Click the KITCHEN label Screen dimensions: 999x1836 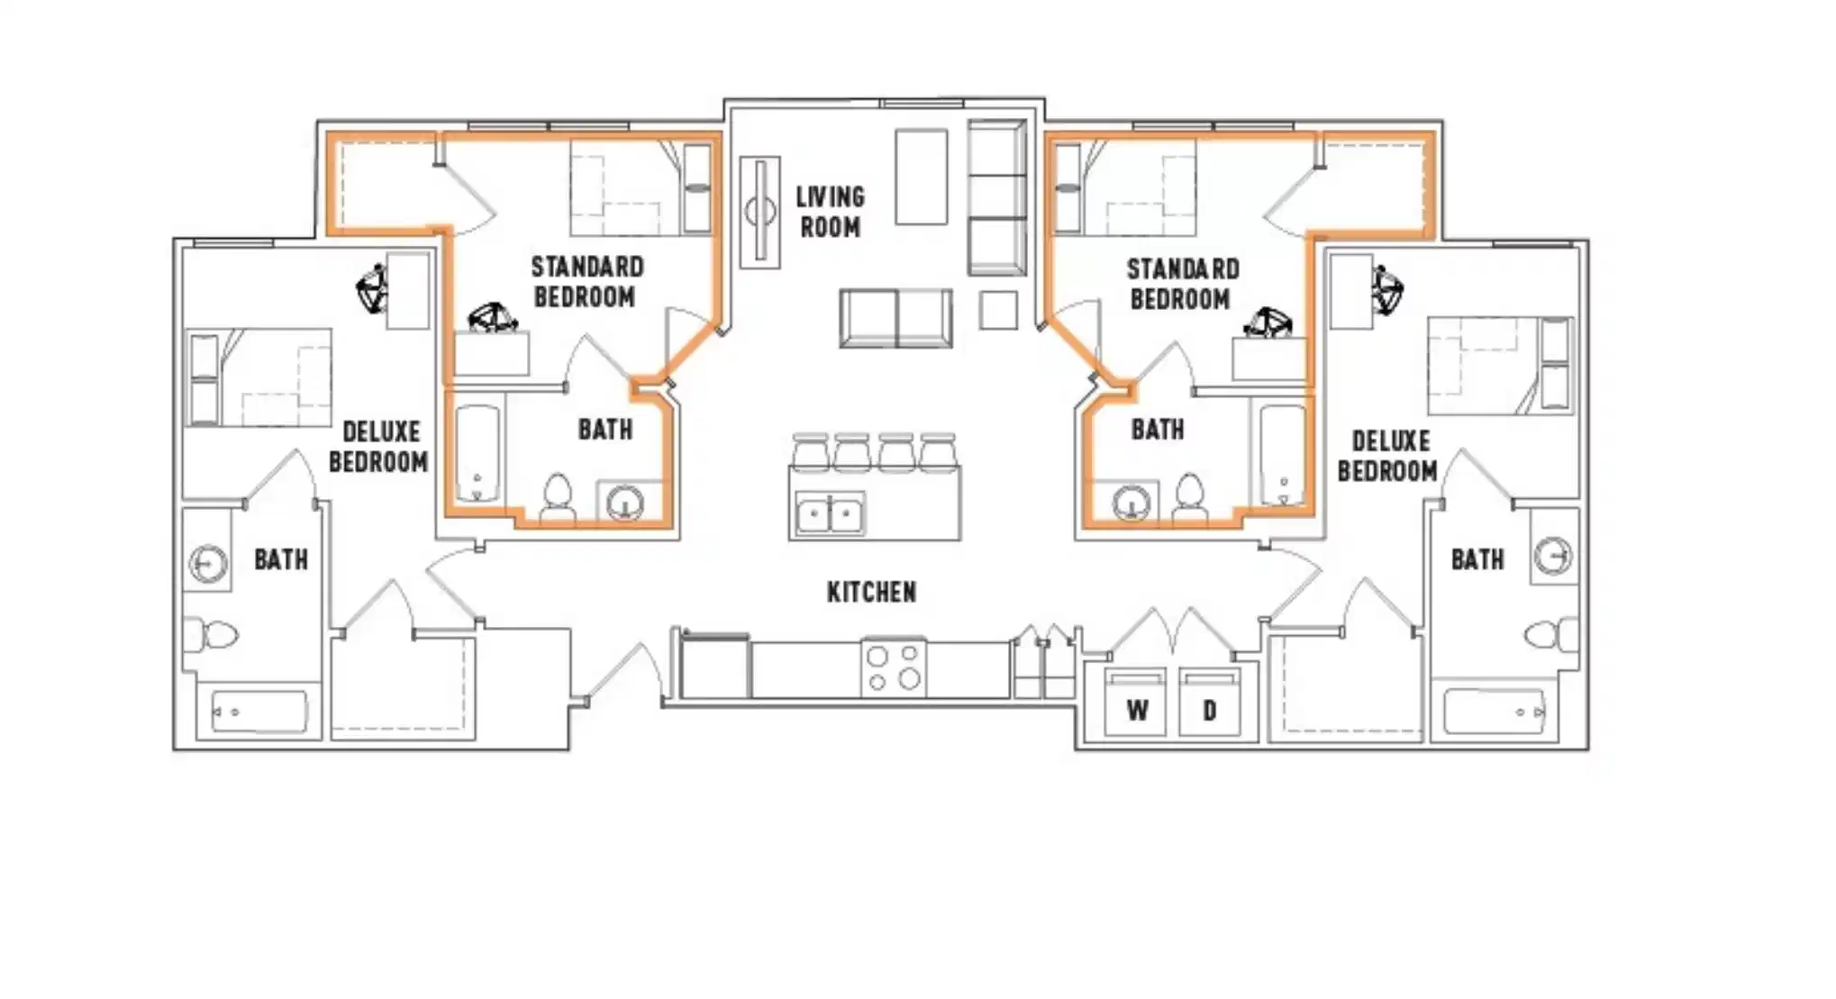tap(871, 592)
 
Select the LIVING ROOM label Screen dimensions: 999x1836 tap(830, 212)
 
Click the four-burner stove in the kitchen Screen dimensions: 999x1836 tap(893, 668)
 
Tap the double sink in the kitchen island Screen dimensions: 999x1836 tap(830, 514)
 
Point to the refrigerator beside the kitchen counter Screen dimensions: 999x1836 tap(714, 667)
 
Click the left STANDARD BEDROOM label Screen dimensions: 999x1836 tap(586, 281)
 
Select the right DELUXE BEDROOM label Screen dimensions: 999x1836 tap(1388, 456)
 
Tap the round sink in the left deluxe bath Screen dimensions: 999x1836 tap(207, 564)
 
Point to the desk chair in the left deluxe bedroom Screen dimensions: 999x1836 tap(372, 289)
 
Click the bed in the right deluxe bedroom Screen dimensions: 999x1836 tap(1500, 365)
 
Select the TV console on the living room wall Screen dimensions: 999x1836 tap(759, 212)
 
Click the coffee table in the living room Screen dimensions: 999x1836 tap(921, 177)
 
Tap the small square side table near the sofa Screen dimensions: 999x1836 tap(998, 310)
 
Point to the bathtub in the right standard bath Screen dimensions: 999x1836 tap(1281, 455)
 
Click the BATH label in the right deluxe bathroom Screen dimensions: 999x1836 tap(1477, 559)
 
